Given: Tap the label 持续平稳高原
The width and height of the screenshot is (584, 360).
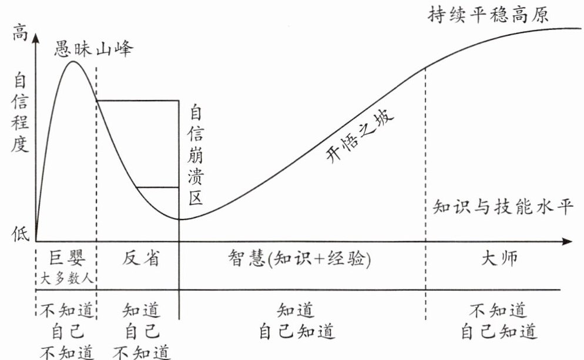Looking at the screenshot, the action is [488, 15].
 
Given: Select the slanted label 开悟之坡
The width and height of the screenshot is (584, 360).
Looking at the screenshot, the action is [360, 135].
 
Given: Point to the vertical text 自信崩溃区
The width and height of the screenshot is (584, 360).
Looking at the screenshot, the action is [196, 155].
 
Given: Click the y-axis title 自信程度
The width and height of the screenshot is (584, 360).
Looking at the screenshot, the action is [20, 113].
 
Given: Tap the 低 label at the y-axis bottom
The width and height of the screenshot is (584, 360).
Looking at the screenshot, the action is [21, 233].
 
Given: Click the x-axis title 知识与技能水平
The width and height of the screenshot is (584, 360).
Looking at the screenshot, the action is [502, 207].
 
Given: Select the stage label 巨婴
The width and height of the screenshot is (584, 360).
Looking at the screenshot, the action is [67, 258].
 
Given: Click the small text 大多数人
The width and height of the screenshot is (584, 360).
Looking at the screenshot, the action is [66, 278].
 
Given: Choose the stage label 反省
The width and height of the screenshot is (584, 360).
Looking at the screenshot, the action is [141, 258].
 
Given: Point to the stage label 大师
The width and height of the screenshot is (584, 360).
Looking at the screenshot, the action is [499, 258].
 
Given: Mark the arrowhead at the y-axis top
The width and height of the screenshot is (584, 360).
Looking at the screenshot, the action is [36, 38].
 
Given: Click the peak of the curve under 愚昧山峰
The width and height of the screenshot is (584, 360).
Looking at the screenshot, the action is [73, 61].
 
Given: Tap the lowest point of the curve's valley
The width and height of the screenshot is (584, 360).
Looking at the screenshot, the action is [179, 219].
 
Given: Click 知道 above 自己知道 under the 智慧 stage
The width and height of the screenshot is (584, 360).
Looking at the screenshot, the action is [296, 310].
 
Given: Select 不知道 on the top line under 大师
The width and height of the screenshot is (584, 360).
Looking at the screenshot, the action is [498, 310].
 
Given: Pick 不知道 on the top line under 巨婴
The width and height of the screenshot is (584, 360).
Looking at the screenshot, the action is [66, 310].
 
